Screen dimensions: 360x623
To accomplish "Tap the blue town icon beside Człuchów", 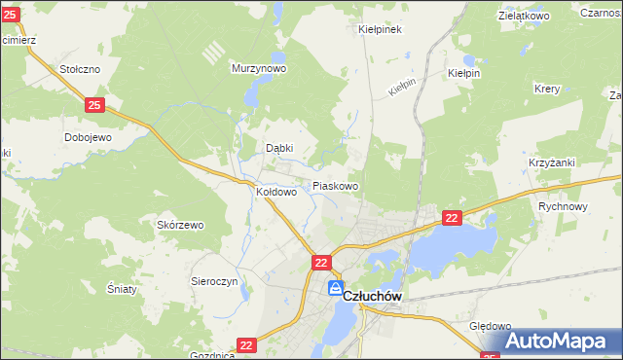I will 336,289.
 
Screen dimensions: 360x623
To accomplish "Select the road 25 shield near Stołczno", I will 94,104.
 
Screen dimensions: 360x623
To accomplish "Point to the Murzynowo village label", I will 258,69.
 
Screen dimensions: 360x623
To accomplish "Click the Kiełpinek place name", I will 381,29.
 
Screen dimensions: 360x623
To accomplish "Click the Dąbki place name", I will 280,148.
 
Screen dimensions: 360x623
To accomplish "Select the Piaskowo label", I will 335,185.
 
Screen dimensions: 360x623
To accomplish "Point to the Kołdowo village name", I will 275,192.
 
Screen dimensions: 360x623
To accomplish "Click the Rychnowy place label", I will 564,206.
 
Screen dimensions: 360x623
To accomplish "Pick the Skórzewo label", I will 180,225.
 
